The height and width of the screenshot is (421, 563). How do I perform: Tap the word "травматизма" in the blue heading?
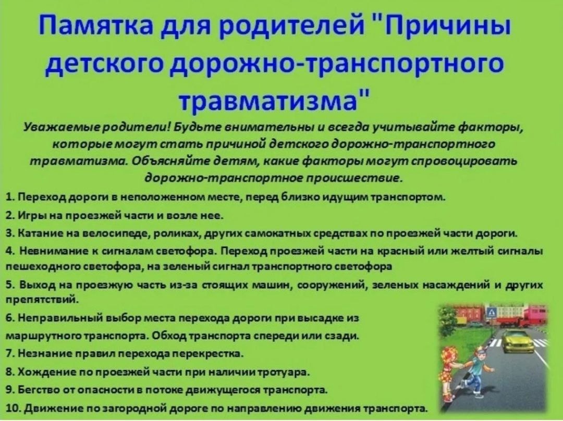pyautogui.click(x=269, y=98)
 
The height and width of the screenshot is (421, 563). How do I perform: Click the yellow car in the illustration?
pyautogui.click(x=518, y=341)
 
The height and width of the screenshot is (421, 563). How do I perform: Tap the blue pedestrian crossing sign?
pyautogui.click(x=491, y=313)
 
